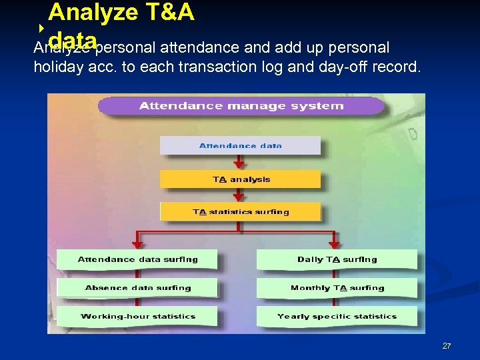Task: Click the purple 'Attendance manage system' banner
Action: coord(241,105)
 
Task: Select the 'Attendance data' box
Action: coord(240,145)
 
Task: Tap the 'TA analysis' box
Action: coord(240,179)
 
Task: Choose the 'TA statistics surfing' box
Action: coord(240,211)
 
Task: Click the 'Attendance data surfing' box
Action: coord(137,259)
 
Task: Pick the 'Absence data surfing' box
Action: coord(137,288)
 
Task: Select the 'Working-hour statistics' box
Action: coord(137,316)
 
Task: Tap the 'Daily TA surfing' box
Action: coord(337,259)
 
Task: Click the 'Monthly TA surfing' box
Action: coord(337,288)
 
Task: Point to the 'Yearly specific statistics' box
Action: coord(337,316)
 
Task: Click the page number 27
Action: coord(447,346)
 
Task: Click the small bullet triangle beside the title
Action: coord(41,28)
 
